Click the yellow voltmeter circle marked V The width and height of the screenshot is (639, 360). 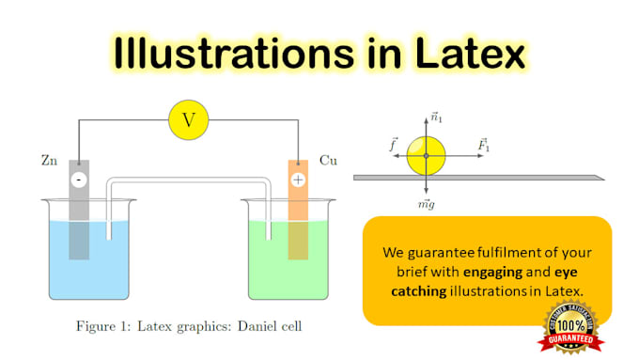coord(188,119)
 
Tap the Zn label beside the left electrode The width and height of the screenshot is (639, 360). coord(50,161)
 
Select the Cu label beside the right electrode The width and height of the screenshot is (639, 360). coord(328,161)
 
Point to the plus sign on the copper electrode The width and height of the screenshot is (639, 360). coord(298,180)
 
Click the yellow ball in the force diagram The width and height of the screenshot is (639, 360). coord(425,156)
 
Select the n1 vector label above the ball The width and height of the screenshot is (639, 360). coord(435,117)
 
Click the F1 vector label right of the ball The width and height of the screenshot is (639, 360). coord(483,145)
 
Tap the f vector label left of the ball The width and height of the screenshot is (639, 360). coord(393,145)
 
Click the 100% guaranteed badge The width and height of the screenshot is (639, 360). coord(569,328)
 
